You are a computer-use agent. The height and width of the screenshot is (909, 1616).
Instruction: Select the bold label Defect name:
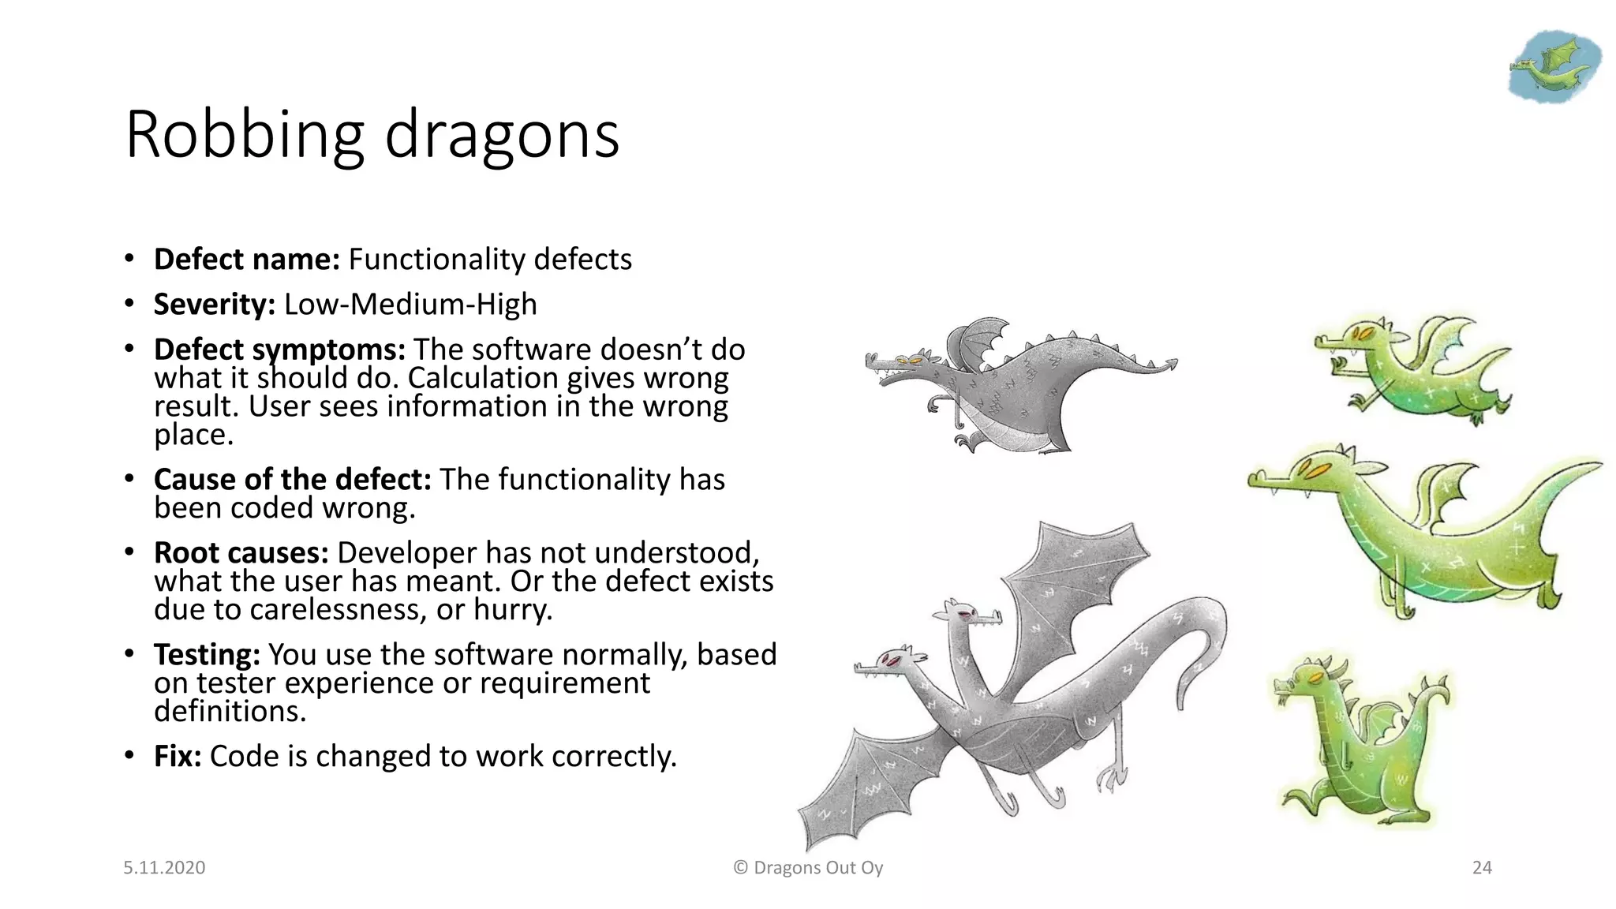point(246,260)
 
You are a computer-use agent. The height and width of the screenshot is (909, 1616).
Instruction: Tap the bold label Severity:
point(214,305)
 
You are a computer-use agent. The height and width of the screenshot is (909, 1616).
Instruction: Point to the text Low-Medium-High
point(410,305)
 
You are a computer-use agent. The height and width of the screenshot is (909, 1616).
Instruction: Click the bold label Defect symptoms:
point(279,350)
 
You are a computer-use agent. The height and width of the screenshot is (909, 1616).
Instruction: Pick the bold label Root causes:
point(241,553)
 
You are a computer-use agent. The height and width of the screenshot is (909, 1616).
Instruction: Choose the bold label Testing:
point(207,655)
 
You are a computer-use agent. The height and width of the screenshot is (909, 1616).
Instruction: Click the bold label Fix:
point(178,757)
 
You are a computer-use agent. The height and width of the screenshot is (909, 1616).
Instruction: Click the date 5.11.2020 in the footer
point(164,868)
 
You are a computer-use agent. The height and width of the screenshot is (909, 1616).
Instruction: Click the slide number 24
point(1482,868)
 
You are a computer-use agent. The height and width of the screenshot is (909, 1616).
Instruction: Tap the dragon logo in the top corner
point(1554,66)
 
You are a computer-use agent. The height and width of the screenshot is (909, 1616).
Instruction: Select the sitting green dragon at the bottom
point(1361,742)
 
